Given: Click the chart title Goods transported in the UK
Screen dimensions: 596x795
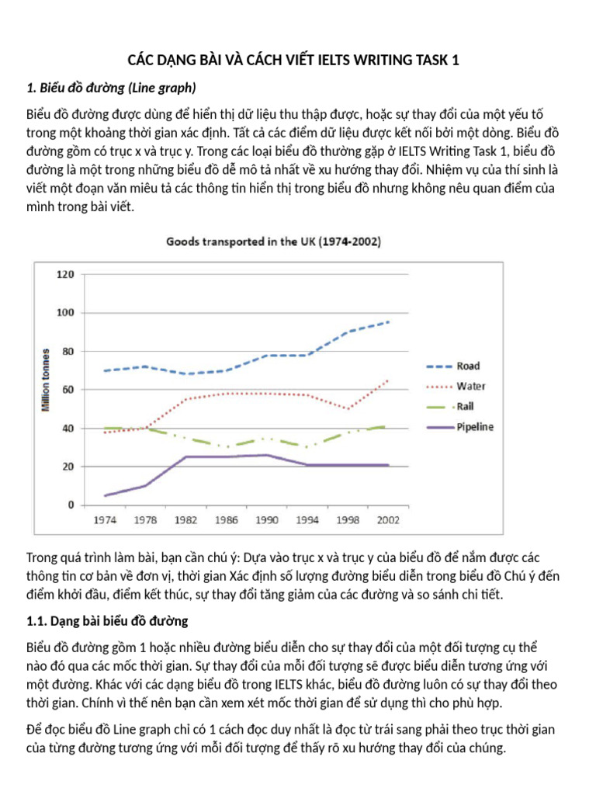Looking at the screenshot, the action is coord(274,242).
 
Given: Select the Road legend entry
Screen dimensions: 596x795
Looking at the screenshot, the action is coord(453,366).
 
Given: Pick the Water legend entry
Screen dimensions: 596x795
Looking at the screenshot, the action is coord(456,387).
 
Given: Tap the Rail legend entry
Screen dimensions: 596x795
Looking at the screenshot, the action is coord(450,407).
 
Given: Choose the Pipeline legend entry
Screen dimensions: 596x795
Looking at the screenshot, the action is coord(460,427).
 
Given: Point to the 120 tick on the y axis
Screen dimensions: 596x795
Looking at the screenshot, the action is coord(65,274).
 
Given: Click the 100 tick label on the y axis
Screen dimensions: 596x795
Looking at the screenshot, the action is coord(65,312).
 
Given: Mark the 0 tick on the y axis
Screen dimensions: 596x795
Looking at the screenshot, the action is coord(71,505).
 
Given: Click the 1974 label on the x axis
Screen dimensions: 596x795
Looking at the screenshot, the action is coord(105,520).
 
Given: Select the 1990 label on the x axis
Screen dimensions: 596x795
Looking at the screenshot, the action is coord(267,520).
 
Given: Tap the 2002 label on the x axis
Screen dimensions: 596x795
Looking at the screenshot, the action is coord(388,520).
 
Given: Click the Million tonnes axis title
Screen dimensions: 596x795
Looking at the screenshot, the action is coord(46,380).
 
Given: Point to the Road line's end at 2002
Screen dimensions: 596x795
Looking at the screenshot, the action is coord(388,321).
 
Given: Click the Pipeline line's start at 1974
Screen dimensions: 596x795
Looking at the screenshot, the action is coord(105,495).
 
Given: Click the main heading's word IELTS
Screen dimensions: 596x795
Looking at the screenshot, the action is coord(334,61).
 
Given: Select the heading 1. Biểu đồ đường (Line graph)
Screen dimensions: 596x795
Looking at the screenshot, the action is coord(111,89).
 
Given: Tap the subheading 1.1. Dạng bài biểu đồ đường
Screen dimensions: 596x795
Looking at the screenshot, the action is coord(107,621).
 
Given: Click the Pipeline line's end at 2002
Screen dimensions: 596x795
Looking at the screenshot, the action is coord(388,465).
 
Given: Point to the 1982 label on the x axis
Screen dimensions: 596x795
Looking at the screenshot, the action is coord(186,520).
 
